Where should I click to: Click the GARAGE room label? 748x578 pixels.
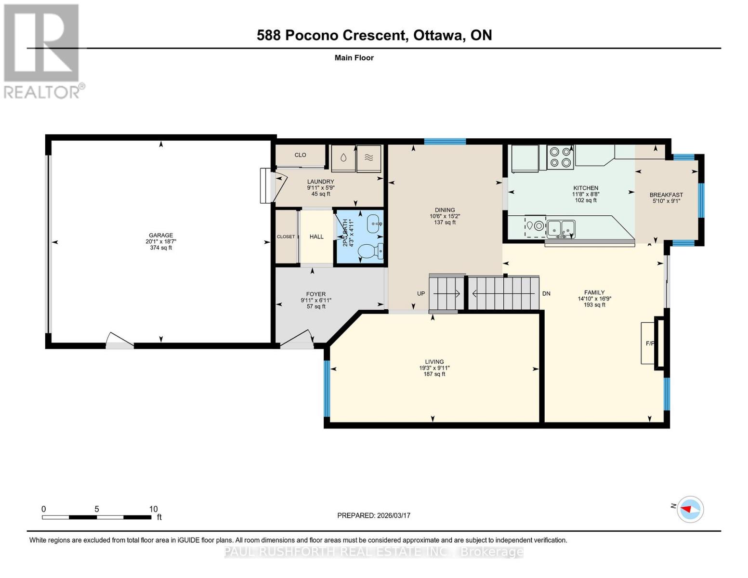(x=161, y=236)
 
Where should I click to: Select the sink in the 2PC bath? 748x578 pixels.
(x=374, y=223)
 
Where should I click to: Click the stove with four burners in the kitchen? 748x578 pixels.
(x=560, y=157)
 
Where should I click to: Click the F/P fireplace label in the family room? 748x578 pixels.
(x=650, y=343)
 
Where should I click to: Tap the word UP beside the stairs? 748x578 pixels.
(x=421, y=293)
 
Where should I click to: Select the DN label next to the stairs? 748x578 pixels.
(x=546, y=293)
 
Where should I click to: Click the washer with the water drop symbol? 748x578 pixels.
(x=343, y=158)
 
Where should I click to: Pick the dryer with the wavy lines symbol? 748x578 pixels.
(x=369, y=158)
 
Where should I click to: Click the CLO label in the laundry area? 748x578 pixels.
(x=300, y=155)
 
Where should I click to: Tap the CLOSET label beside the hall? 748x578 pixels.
(x=286, y=236)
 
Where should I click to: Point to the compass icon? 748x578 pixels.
(x=690, y=509)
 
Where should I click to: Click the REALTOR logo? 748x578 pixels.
(x=42, y=51)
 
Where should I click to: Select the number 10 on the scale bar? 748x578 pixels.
(x=153, y=509)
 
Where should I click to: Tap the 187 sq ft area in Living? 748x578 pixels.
(x=434, y=374)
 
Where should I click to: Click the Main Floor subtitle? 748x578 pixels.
(x=354, y=58)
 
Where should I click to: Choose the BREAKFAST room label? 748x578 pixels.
(x=666, y=195)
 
